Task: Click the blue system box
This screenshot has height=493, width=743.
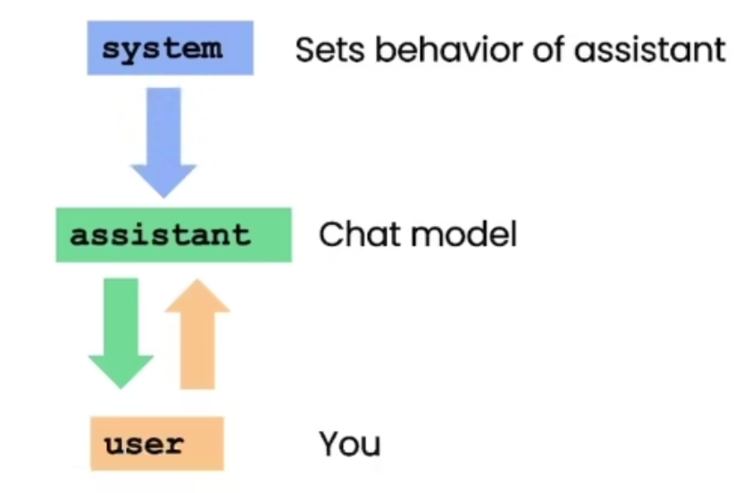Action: point(170,48)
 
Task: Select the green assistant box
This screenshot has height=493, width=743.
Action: point(174,235)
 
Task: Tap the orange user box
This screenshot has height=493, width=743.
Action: point(157,444)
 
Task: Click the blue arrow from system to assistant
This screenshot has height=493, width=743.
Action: point(163,142)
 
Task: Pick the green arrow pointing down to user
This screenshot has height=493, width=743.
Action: point(121,333)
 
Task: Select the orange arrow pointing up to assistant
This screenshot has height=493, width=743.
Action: point(197,334)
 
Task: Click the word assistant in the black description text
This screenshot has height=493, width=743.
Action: point(649,50)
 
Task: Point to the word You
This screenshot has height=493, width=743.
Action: point(350,444)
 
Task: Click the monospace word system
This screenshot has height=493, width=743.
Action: point(162,49)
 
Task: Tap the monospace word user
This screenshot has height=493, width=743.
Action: point(144,444)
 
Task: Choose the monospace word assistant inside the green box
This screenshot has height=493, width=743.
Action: point(160,235)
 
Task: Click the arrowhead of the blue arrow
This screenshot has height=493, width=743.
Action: point(163,181)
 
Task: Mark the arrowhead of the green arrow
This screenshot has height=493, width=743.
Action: point(121,372)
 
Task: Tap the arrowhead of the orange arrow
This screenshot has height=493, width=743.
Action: point(197,296)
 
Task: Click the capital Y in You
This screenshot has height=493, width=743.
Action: point(330,443)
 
